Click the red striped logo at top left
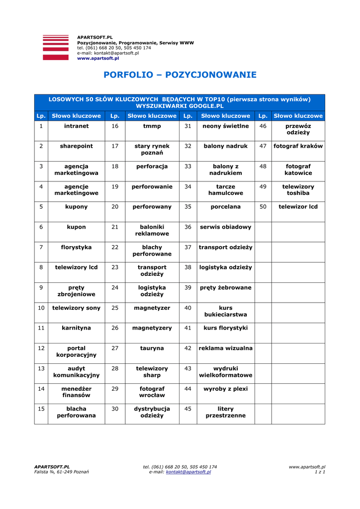pyautogui.click(x=56, y=48)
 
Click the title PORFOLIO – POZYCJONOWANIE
pyautogui.click(x=180, y=75)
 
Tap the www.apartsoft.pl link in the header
pyautogui.click(x=98, y=58)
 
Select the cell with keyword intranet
pyautogui.click(x=76, y=126)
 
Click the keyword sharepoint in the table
pyautogui.click(x=76, y=146)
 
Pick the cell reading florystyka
pyautogui.click(x=76, y=247)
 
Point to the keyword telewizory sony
pyautogui.click(x=76, y=308)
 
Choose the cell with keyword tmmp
pyautogui.click(x=152, y=126)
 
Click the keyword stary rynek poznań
pyautogui.click(x=152, y=150)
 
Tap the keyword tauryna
pyautogui.click(x=152, y=348)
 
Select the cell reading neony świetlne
pyautogui.click(x=225, y=126)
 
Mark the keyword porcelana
pyautogui.click(x=225, y=207)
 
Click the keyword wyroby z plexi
pyautogui.click(x=225, y=389)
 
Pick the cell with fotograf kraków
pyautogui.click(x=298, y=146)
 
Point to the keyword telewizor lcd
pyautogui.click(x=298, y=207)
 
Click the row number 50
pyautogui.click(x=263, y=207)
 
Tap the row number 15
pyautogui.click(x=41, y=409)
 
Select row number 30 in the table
pyautogui.click(x=115, y=409)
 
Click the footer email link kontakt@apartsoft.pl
pyautogui.click(x=188, y=472)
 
